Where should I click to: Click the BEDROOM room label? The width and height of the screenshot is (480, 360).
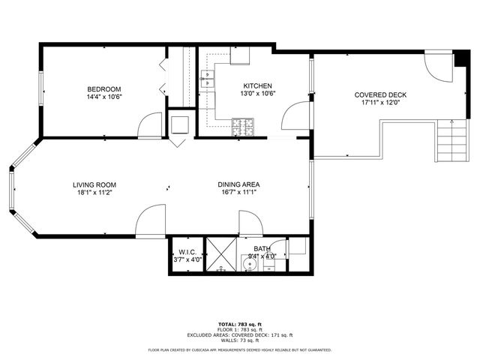(x=104, y=87)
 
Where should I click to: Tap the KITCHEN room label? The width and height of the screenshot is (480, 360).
(x=256, y=86)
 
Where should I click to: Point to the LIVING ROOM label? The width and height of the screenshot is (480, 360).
(x=94, y=184)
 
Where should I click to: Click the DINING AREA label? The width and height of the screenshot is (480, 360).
(x=238, y=184)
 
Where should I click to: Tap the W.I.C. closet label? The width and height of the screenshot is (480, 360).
(x=186, y=251)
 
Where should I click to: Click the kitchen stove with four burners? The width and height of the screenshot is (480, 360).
(x=242, y=126)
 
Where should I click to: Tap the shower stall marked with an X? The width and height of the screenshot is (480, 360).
(x=221, y=255)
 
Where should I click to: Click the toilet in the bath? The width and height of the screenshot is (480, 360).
(x=295, y=247)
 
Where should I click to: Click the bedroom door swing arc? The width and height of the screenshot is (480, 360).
(x=150, y=124)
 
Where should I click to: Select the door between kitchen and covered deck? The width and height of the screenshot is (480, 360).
(x=295, y=117)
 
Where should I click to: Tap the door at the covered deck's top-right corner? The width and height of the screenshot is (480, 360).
(x=438, y=66)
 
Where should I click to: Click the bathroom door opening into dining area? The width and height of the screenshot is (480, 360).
(x=250, y=223)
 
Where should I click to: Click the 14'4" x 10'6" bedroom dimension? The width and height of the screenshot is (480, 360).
(x=104, y=96)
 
